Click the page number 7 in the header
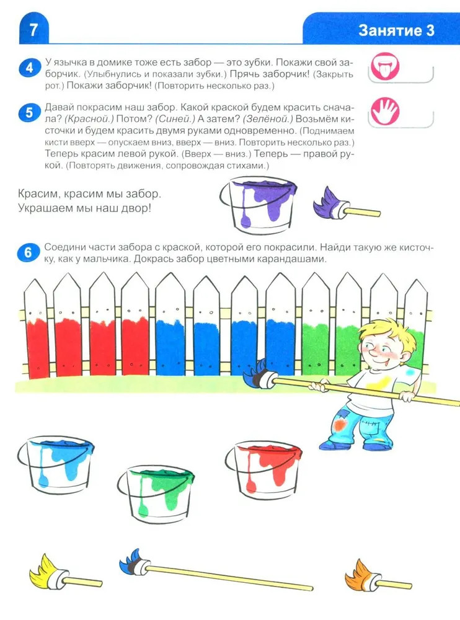coord(33,30)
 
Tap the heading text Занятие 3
coord(396,30)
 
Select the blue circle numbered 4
coord(29,68)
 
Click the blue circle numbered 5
coord(29,113)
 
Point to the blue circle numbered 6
coord(29,252)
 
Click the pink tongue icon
coord(385,66)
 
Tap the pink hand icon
coord(385,111)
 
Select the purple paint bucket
coord(258,204)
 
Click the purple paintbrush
coord(346,205)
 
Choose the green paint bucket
coord(156,492)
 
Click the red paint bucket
coord(263,469)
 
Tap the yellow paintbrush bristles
coord(43,569)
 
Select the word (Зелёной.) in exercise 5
coord(268,119)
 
